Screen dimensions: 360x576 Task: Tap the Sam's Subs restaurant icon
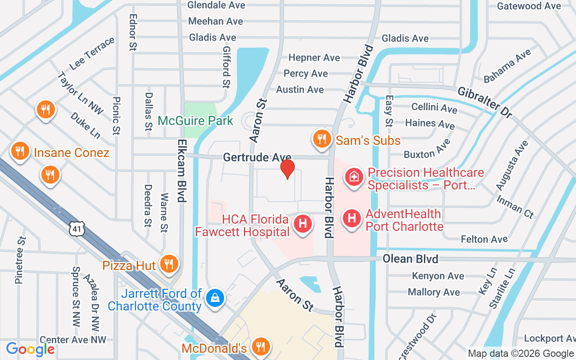tap(321, 139)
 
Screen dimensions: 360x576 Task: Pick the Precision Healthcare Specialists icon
tap(354, 176)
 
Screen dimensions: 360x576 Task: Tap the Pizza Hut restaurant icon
tap(169, 264)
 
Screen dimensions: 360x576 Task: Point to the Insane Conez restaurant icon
tap(19, 151)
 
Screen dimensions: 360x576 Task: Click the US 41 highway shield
tap(76, 229)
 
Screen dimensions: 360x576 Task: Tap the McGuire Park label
tap(195, 121)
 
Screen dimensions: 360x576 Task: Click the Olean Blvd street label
tap(410, 259)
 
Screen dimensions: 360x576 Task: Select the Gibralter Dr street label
tap(484, 102)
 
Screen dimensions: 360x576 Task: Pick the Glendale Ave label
tap(216, 5)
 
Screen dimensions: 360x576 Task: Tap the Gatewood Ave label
tap(529, 6)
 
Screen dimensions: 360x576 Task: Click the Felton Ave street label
tap(484, 239)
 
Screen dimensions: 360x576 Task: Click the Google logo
tap(30, 349)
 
